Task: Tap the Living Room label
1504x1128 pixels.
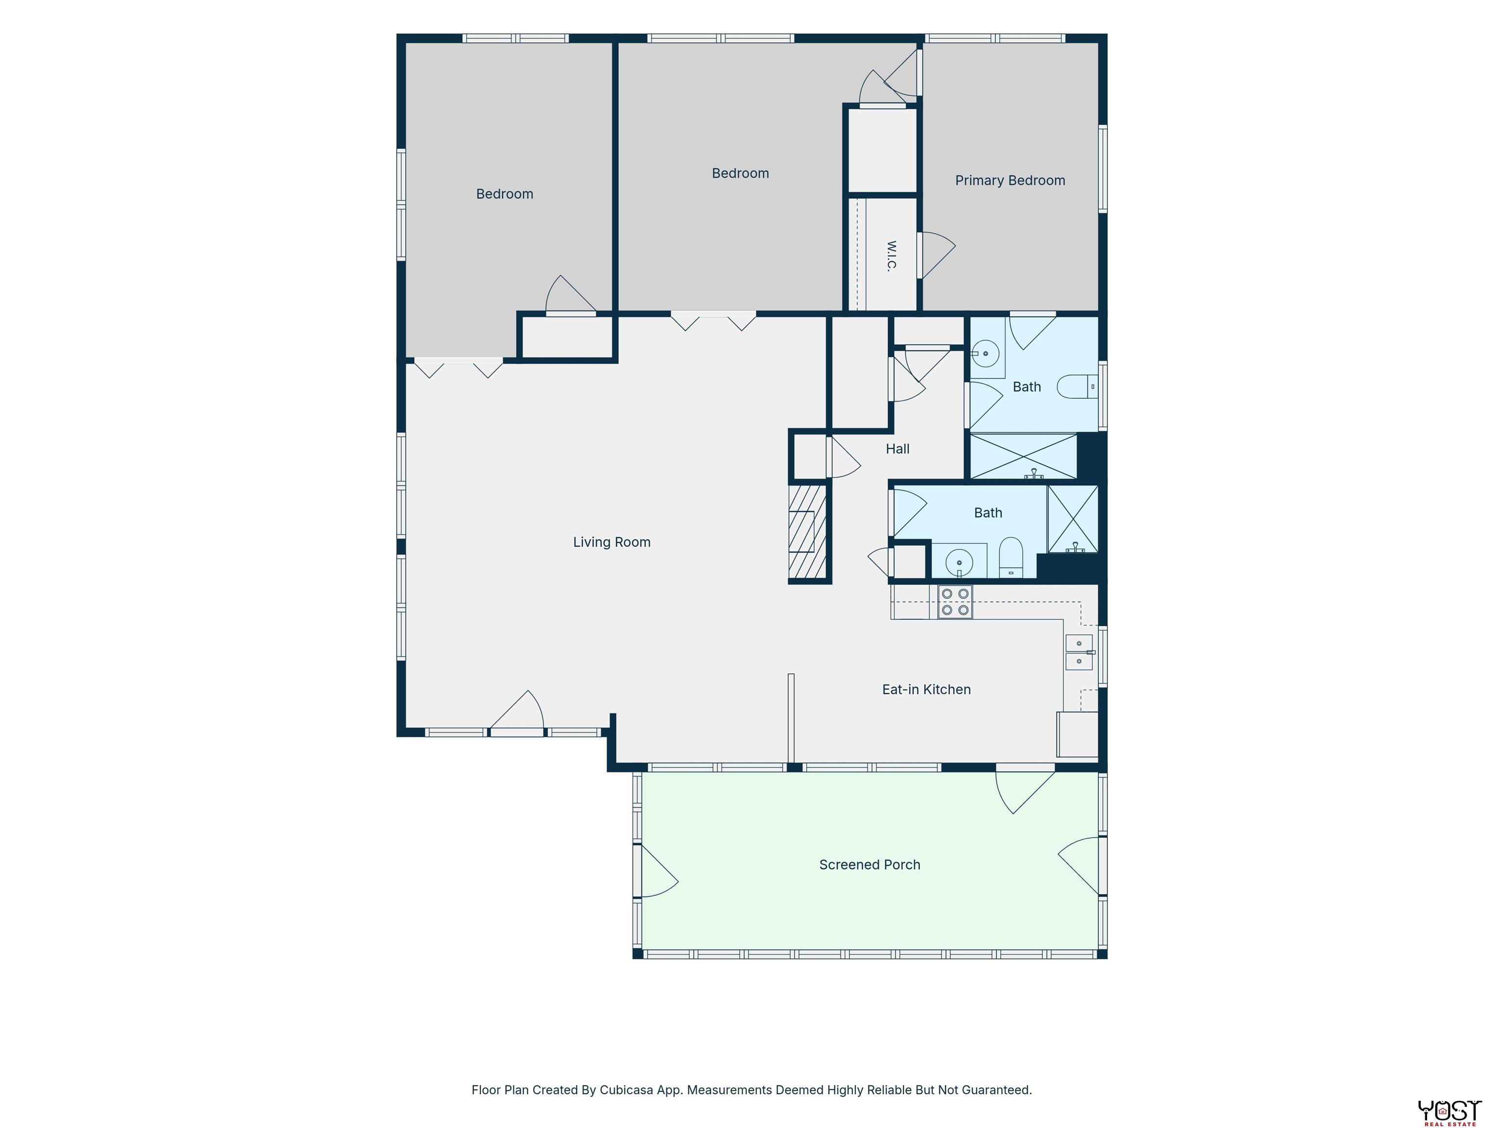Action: click(x=611, y=542)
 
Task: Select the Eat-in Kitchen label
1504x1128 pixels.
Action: click(x=926, y=689)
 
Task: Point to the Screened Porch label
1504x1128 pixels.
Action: click(x=869, y=865)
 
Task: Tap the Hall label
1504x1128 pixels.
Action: click(x=897, y=449)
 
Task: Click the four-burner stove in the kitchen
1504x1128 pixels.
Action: click(x=955, y=602)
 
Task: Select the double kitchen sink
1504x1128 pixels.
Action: click(x=1079, y=652)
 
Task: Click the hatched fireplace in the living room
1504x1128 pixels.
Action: click(x=808, y=532)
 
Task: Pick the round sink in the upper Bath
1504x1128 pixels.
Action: click(x=985, y=353)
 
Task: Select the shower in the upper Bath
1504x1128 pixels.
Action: click(x=1023, y=456)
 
